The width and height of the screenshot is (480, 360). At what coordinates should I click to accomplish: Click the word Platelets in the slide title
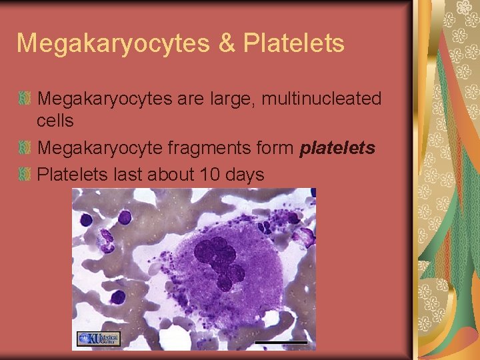[294, 43]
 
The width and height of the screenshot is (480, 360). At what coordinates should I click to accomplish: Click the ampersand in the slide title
[226, 43]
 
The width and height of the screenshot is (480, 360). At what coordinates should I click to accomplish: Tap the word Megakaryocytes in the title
[113, 44]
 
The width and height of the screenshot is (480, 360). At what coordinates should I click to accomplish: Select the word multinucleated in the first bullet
[321, 99]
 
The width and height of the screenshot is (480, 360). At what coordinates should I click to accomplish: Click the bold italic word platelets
[337, 148]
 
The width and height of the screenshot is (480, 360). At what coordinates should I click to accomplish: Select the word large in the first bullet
[237, 100]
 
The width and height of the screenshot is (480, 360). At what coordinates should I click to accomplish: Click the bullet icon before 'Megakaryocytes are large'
[25, 99]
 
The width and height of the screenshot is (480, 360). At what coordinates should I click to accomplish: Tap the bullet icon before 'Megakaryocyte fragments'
[25, 148]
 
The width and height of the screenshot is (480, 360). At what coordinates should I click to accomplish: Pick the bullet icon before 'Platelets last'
[25, 175]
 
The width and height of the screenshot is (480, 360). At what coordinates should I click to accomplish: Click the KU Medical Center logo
[98, 339]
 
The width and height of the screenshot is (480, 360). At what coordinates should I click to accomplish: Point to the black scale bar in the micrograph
[281, 342]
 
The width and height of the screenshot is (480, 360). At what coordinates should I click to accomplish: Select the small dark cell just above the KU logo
[117, 296]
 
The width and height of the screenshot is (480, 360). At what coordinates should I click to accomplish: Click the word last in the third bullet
[128, 175]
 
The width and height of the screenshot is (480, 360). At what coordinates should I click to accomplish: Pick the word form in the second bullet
[271, 148]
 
